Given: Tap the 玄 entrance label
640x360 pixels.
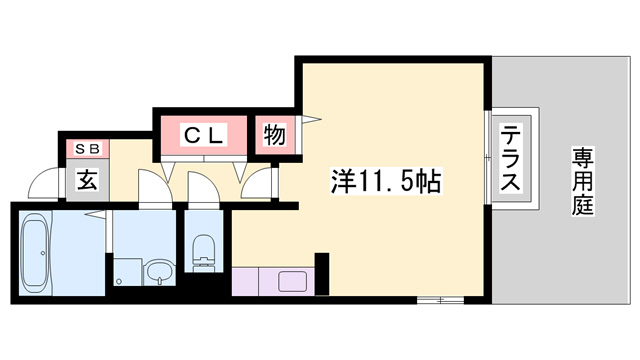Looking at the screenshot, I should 87,182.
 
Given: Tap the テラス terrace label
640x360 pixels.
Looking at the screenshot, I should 510,160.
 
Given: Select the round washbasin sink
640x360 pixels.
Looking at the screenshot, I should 158,271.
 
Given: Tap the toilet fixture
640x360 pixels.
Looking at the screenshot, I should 203,249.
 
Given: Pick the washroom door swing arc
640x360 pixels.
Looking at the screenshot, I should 151,187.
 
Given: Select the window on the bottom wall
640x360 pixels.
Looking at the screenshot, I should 437,298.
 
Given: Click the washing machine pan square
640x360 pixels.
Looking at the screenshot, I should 127,271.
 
